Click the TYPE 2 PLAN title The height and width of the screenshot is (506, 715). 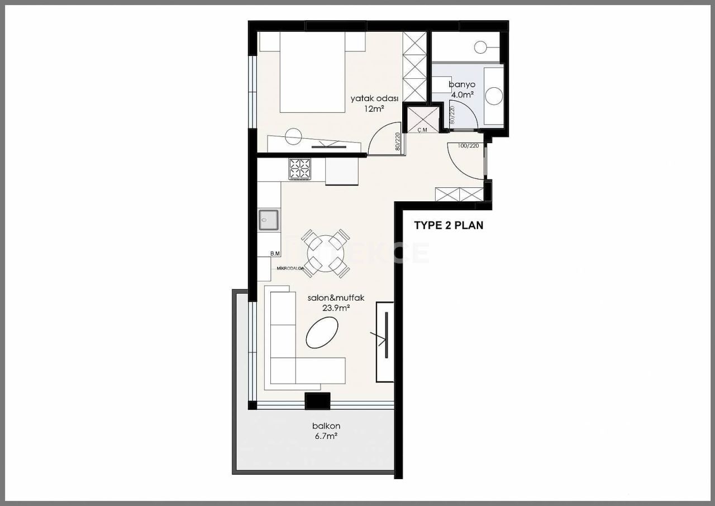448,226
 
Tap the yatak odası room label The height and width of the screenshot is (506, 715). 367,98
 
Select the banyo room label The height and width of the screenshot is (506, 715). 462,85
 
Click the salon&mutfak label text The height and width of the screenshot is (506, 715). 336,298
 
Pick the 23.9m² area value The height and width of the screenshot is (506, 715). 336,308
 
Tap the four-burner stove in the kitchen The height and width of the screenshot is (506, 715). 299,169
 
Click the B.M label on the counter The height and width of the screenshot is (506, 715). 275,254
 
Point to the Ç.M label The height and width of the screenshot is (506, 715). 423,130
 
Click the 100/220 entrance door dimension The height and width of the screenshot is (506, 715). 468,145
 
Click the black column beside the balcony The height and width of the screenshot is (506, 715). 317,400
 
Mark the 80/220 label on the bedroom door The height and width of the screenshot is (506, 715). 397,142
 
